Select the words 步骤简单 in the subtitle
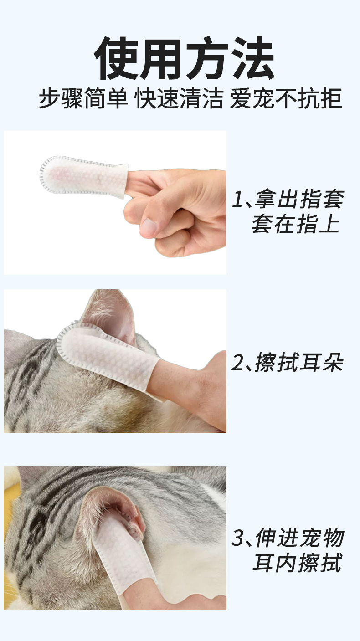coord(83,98)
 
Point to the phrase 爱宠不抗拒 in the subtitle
coord(286,98)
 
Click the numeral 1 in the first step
coord(237,199)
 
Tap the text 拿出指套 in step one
coord(299,199)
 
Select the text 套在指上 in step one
coord(296,224)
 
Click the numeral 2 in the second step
coord(237,363)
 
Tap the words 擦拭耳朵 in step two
coord(299,363)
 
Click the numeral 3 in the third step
coord(237,538)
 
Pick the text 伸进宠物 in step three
coord(299,538)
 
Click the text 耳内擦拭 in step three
coord(297,563)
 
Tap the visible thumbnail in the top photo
coord(149,227)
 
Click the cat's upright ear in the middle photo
coord(109,315)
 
